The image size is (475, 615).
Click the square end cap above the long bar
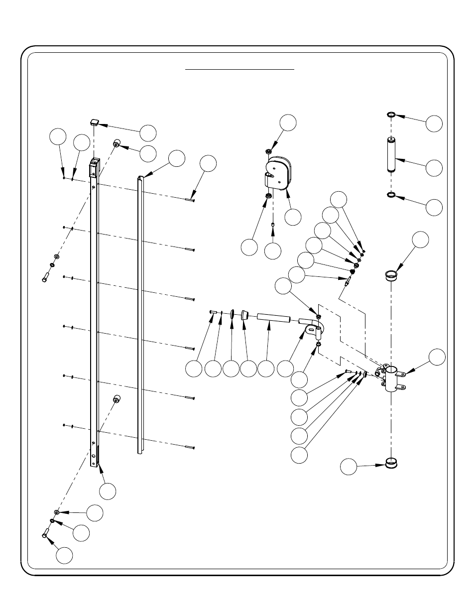click(x=95, y=122)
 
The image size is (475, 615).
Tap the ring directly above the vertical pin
click(x=391, y=116)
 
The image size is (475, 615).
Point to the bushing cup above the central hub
click(x=391, y=274)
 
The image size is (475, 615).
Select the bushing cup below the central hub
click(x=392, y=464)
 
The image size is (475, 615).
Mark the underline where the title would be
click(x=240, y=70)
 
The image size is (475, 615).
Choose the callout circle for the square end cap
click(x=148, y=133)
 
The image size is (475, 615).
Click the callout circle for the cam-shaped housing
click(x=293, y=217)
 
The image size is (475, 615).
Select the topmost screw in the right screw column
click(x=189, y=200)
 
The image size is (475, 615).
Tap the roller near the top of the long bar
click(x=117, y=142)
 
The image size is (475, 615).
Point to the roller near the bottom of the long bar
click(x=117, y=398)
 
